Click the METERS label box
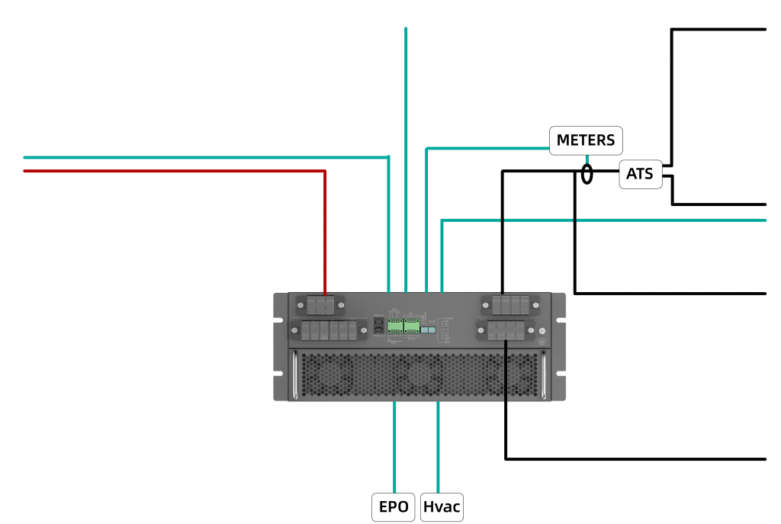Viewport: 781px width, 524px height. pyautogui.click(x=586, y=140)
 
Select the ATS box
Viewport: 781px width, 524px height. pyautogui.click(x=639, y=175)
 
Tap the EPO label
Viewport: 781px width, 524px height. pyautogui.click(x=394, y=506)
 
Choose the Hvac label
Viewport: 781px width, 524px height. pyautogui.click(x=442, y=506)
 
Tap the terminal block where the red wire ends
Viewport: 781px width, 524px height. pyautogui.click(x=324, y=306)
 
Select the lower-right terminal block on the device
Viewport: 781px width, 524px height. pyautogui.click(x=506, y=330)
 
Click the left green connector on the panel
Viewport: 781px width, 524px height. pyautogui.click(x=395, y=326)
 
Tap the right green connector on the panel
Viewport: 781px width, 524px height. pyautogui.click(x=412, y=326)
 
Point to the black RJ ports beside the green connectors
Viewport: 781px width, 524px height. pyautogui.click(x=378, y=326)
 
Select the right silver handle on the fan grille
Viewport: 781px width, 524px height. pyautogui.click(x=544, y=375)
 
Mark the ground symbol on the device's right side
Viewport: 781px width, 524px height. pyautogui.click(x=542, y=340)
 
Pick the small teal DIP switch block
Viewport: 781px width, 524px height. pyautogui.click(x=428, y=330)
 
